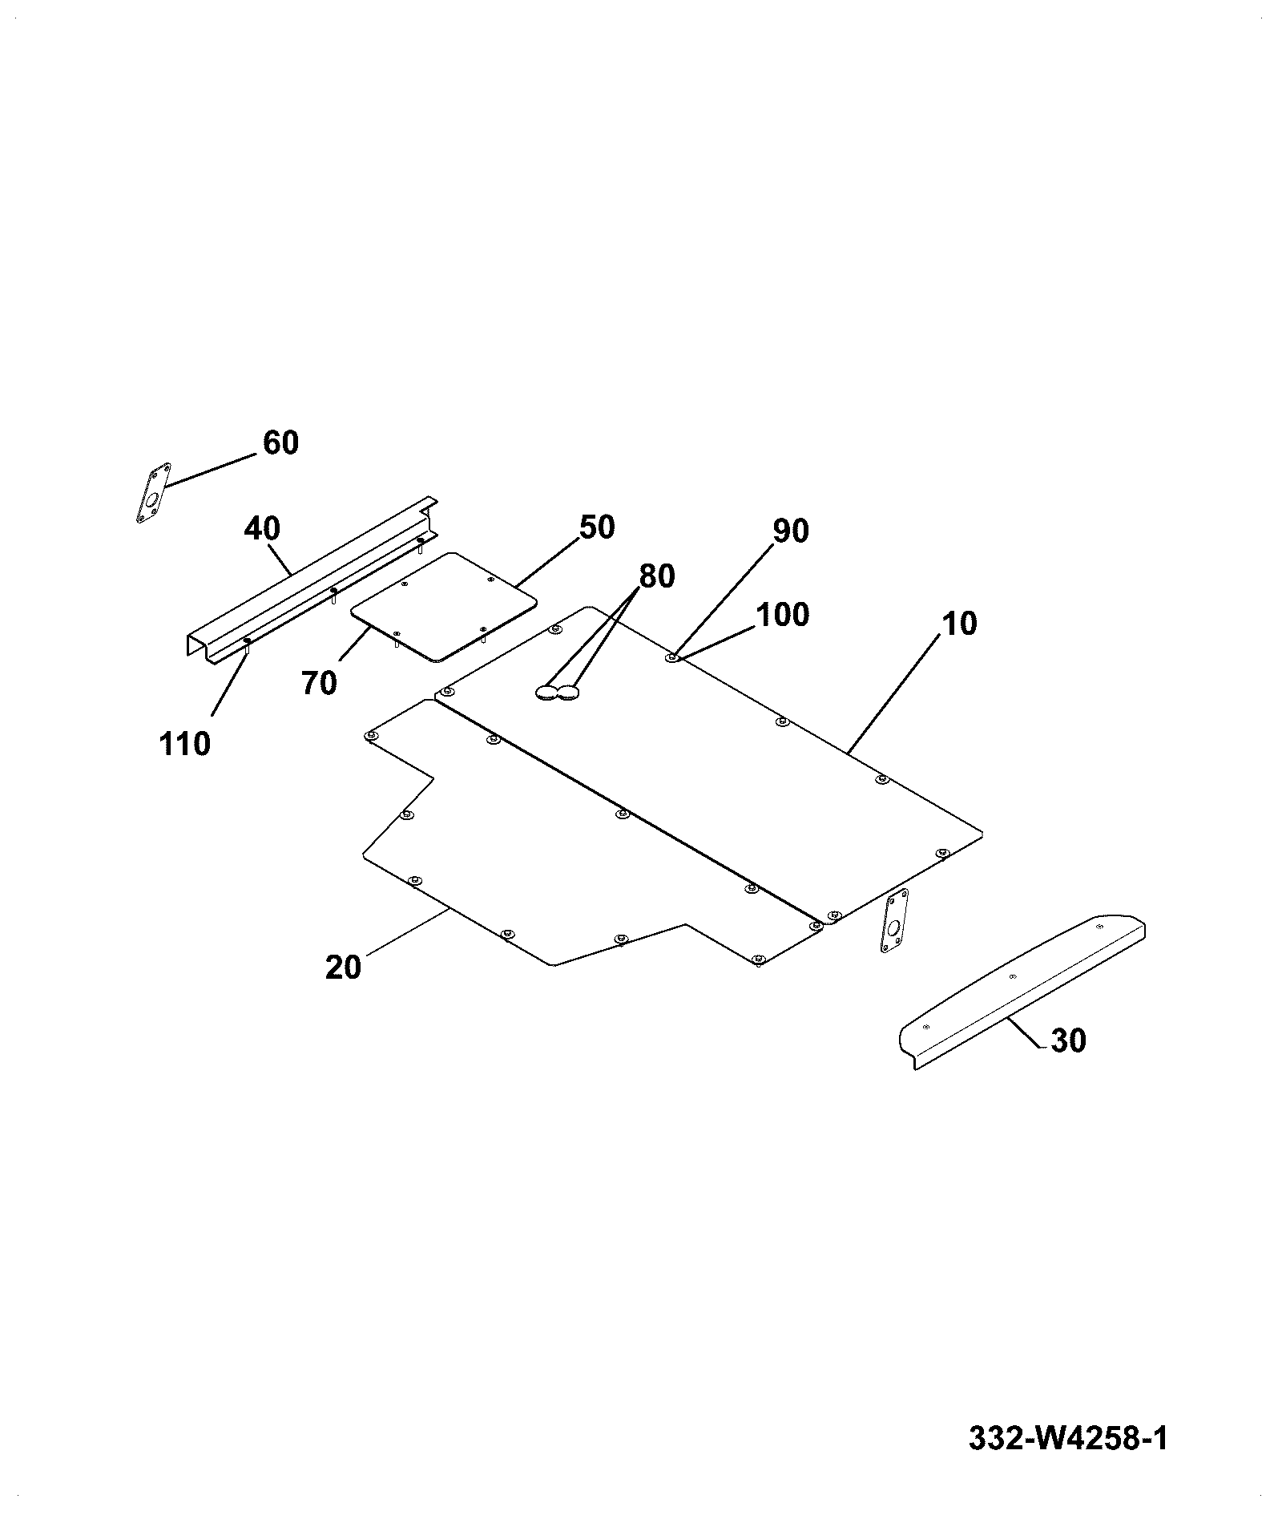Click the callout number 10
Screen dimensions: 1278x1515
pos(960,624)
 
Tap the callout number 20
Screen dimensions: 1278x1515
pos(344,968)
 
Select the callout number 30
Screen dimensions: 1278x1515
pos(1068,1040)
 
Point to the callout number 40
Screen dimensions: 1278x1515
pos(262,529)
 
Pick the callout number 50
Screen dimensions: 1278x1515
pos(597,527)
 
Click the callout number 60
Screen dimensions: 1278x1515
pos(280,442)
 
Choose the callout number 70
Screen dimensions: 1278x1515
pos(319,683)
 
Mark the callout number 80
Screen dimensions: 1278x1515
pos(657,576)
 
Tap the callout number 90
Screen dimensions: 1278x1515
pos(791,531)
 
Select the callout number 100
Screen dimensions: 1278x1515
pos(783,615)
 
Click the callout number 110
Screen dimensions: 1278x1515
pos(185,744)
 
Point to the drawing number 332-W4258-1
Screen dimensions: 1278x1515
pos(1068,1438)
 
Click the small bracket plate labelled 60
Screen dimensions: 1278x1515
pos(153,492)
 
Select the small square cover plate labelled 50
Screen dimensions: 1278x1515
pos(443,607)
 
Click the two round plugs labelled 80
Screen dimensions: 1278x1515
pos(558,692)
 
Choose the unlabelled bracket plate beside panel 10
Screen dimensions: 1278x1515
pos(893,920)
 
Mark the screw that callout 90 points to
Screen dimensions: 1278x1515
pos(671,658)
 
